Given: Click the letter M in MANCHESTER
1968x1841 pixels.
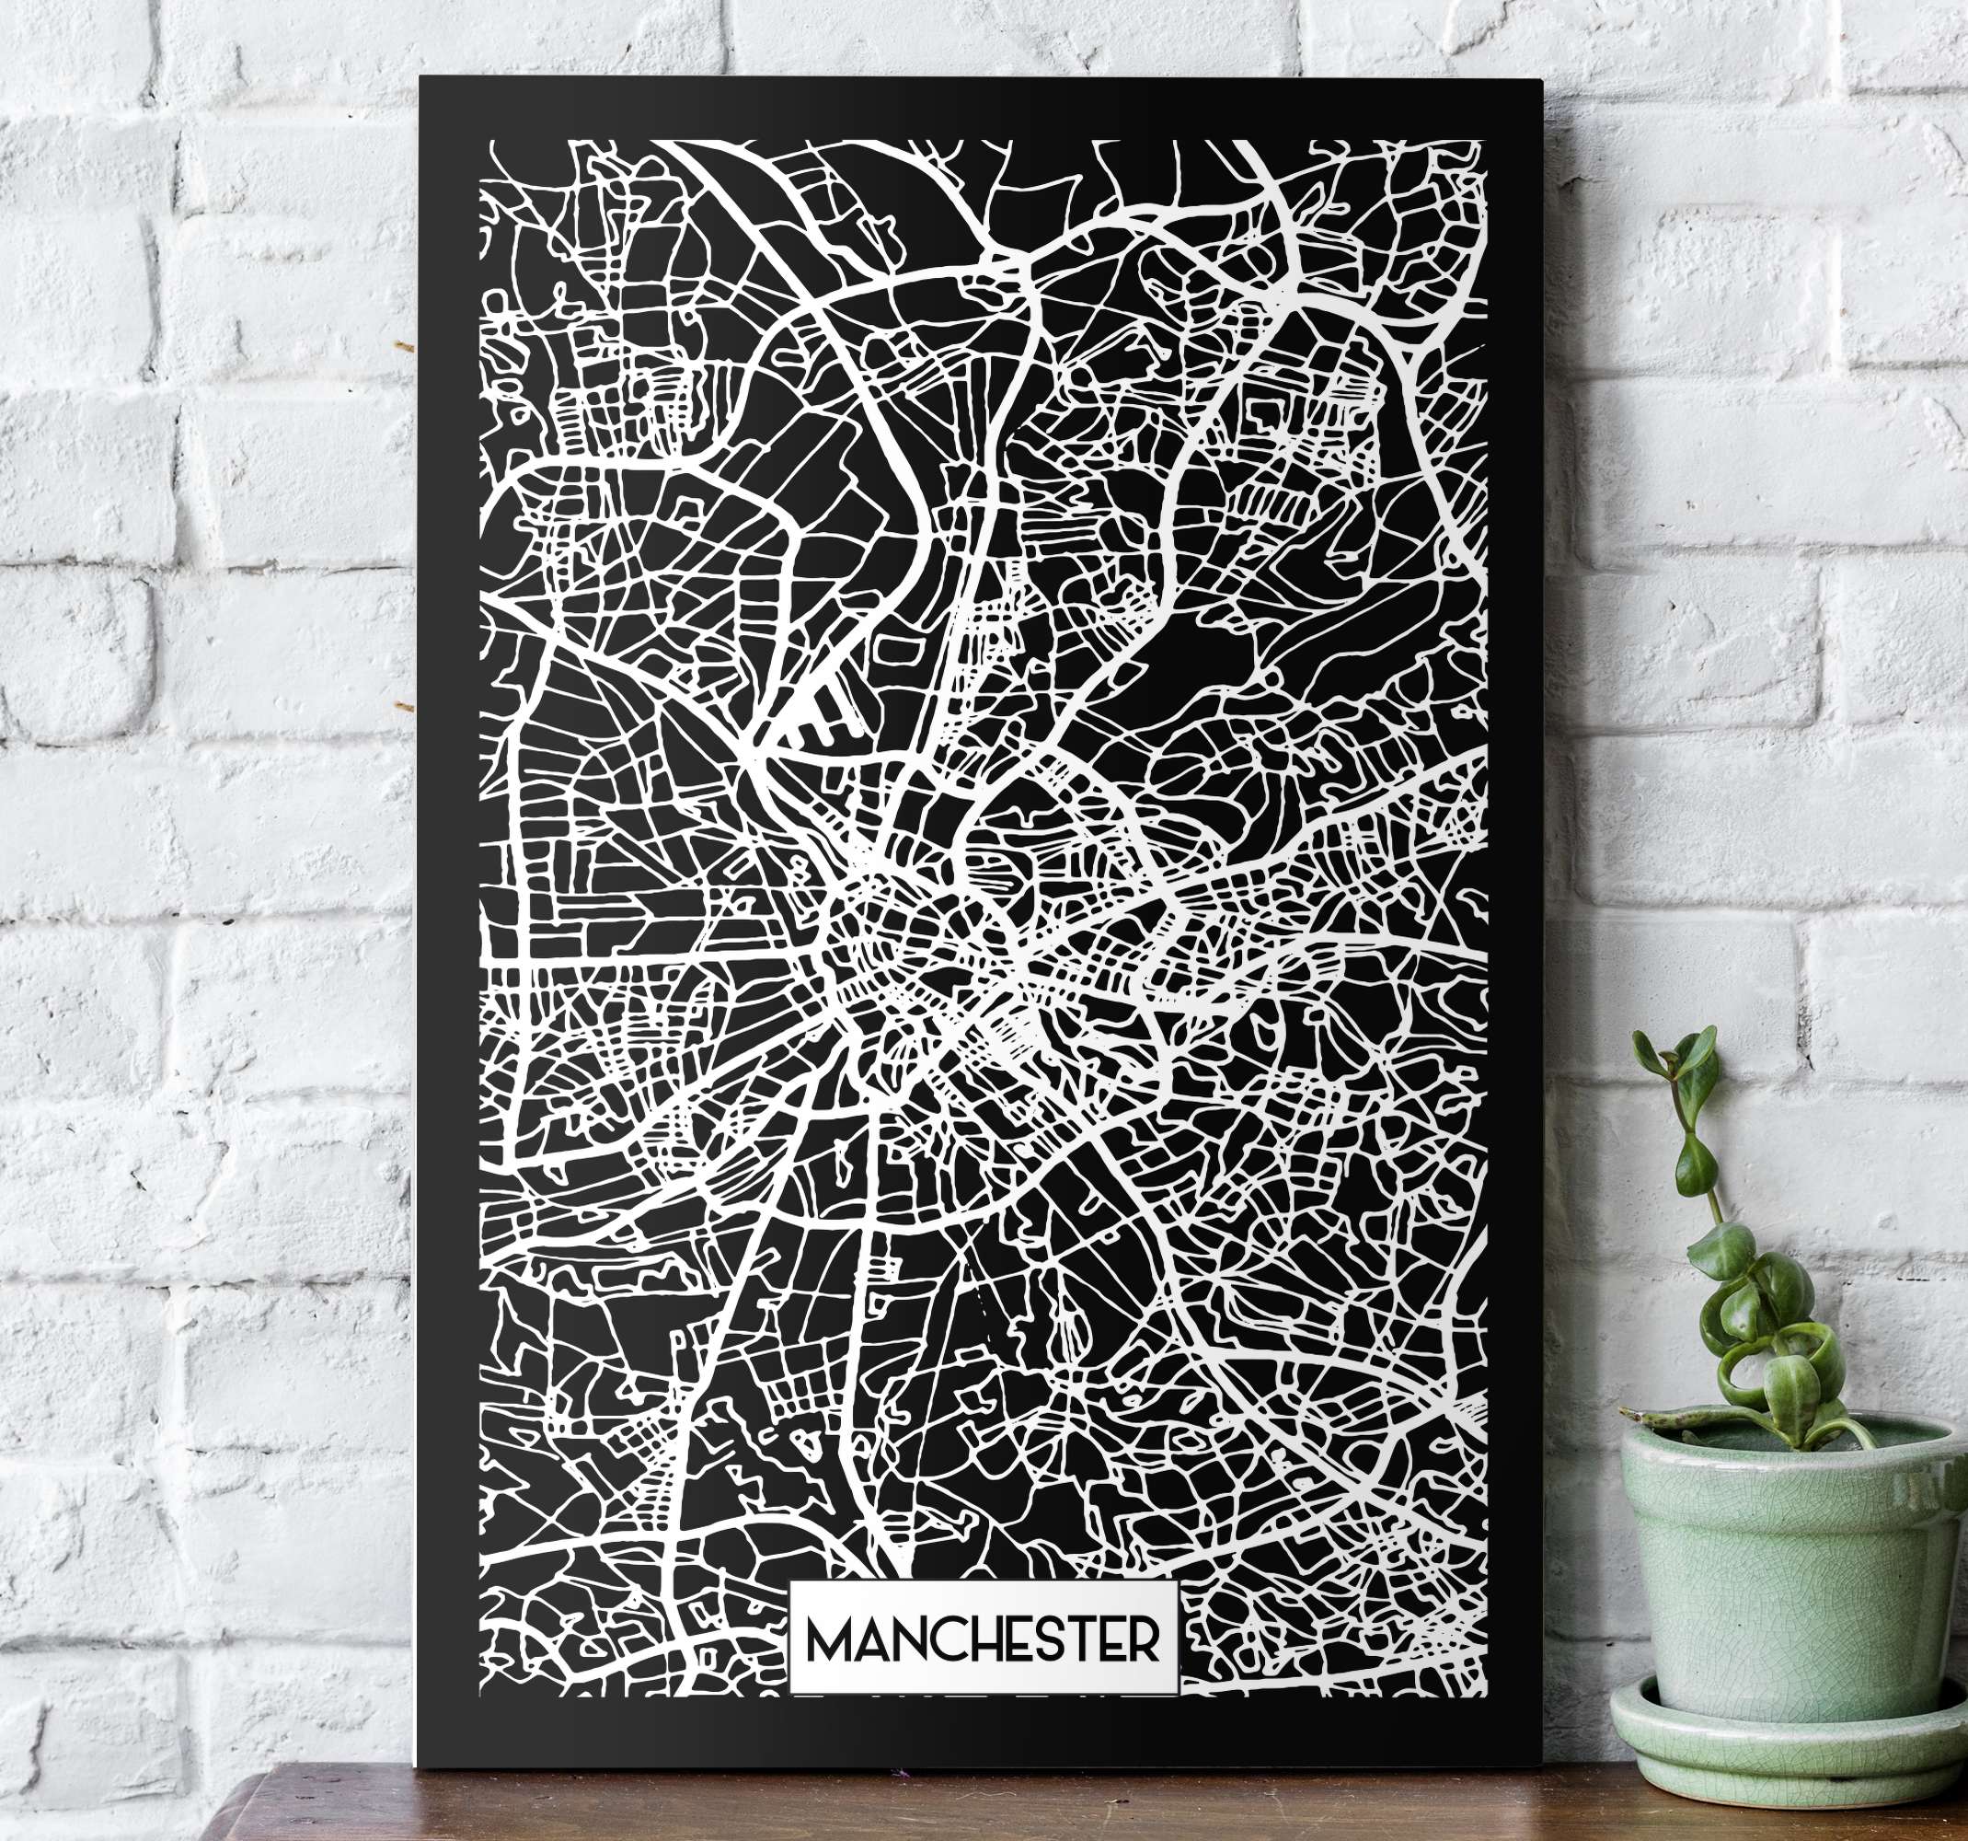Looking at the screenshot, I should pyautogui.click(x=831, y=1640).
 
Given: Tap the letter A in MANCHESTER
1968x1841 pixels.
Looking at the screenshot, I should pyautogui.click(x=869, y=1640).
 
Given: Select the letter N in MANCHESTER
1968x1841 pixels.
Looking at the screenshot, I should pyautogui.click(x=903, y=1640).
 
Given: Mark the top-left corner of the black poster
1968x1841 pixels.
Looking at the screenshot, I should pyautogui.click(x=420, y=78).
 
